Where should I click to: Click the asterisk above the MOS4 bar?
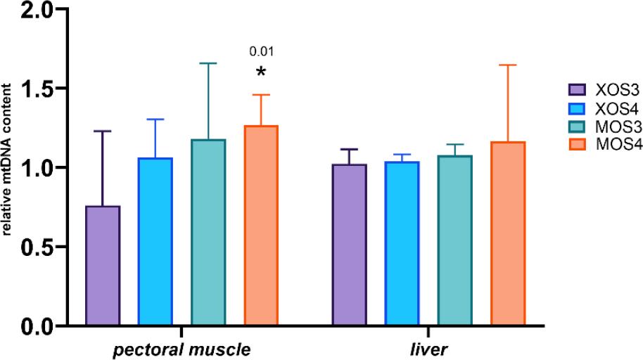pos(261,72)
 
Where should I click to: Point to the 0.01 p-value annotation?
pos(261,51)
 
